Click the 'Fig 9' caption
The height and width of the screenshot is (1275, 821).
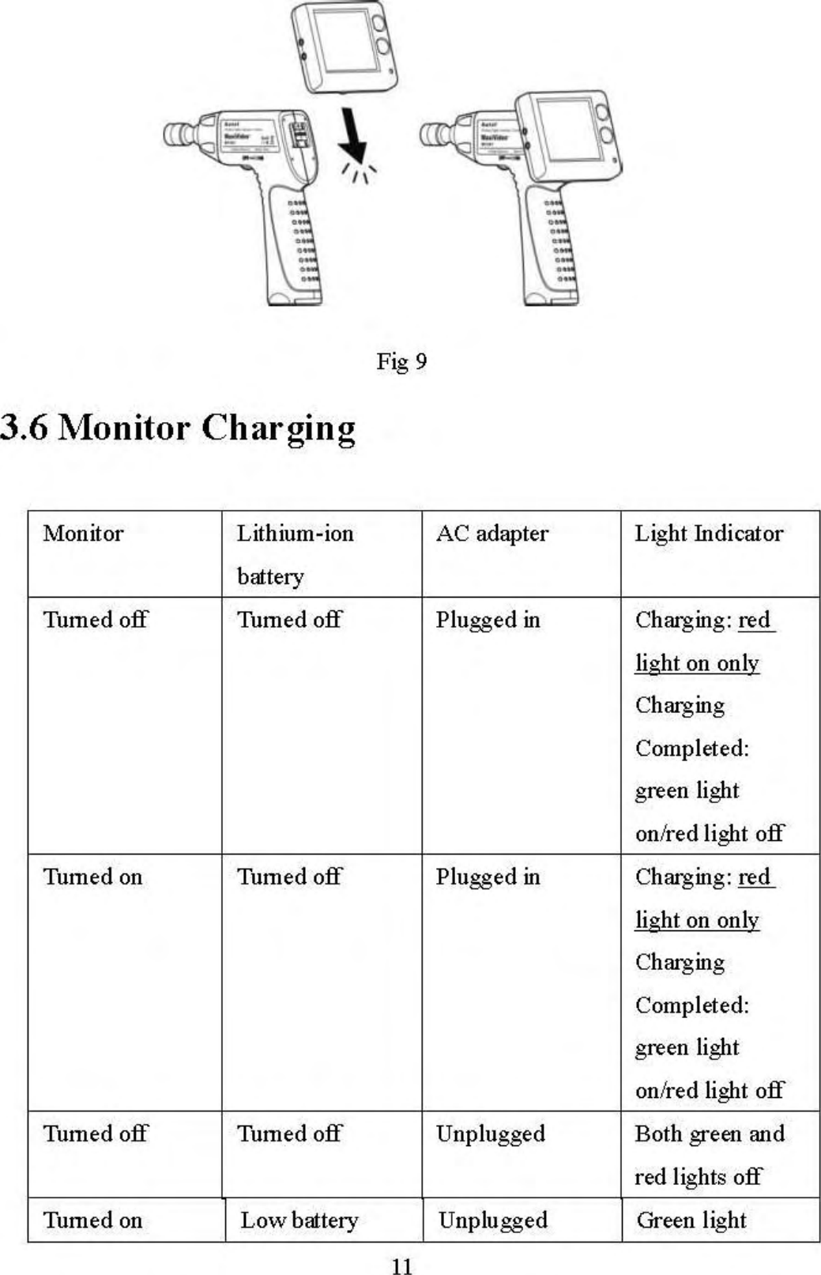coord(401,362)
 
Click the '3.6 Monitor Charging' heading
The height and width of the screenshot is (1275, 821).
coord(178,428)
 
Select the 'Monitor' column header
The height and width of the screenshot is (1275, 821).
coord(83,534)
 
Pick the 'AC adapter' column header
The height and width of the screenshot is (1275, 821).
coord(491,534)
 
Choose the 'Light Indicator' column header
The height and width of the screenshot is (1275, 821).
coord(709,534)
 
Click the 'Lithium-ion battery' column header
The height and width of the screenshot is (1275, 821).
coord(295,554)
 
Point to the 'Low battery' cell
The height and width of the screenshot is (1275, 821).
coord(299,1220)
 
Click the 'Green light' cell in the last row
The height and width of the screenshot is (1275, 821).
coord(691,1220)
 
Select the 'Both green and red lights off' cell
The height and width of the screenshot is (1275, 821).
coord(709,1155)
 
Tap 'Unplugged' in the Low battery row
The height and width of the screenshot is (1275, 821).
coord(492,1220)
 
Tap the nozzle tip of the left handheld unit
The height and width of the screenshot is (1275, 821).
coord(175,134)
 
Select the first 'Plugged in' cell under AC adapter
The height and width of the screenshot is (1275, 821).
coord(488,620)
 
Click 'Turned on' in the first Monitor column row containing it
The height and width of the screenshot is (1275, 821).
coord(92,877)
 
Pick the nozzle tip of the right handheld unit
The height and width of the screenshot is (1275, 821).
coord(431,134)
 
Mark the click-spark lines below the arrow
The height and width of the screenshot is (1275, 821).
coord(360,173)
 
